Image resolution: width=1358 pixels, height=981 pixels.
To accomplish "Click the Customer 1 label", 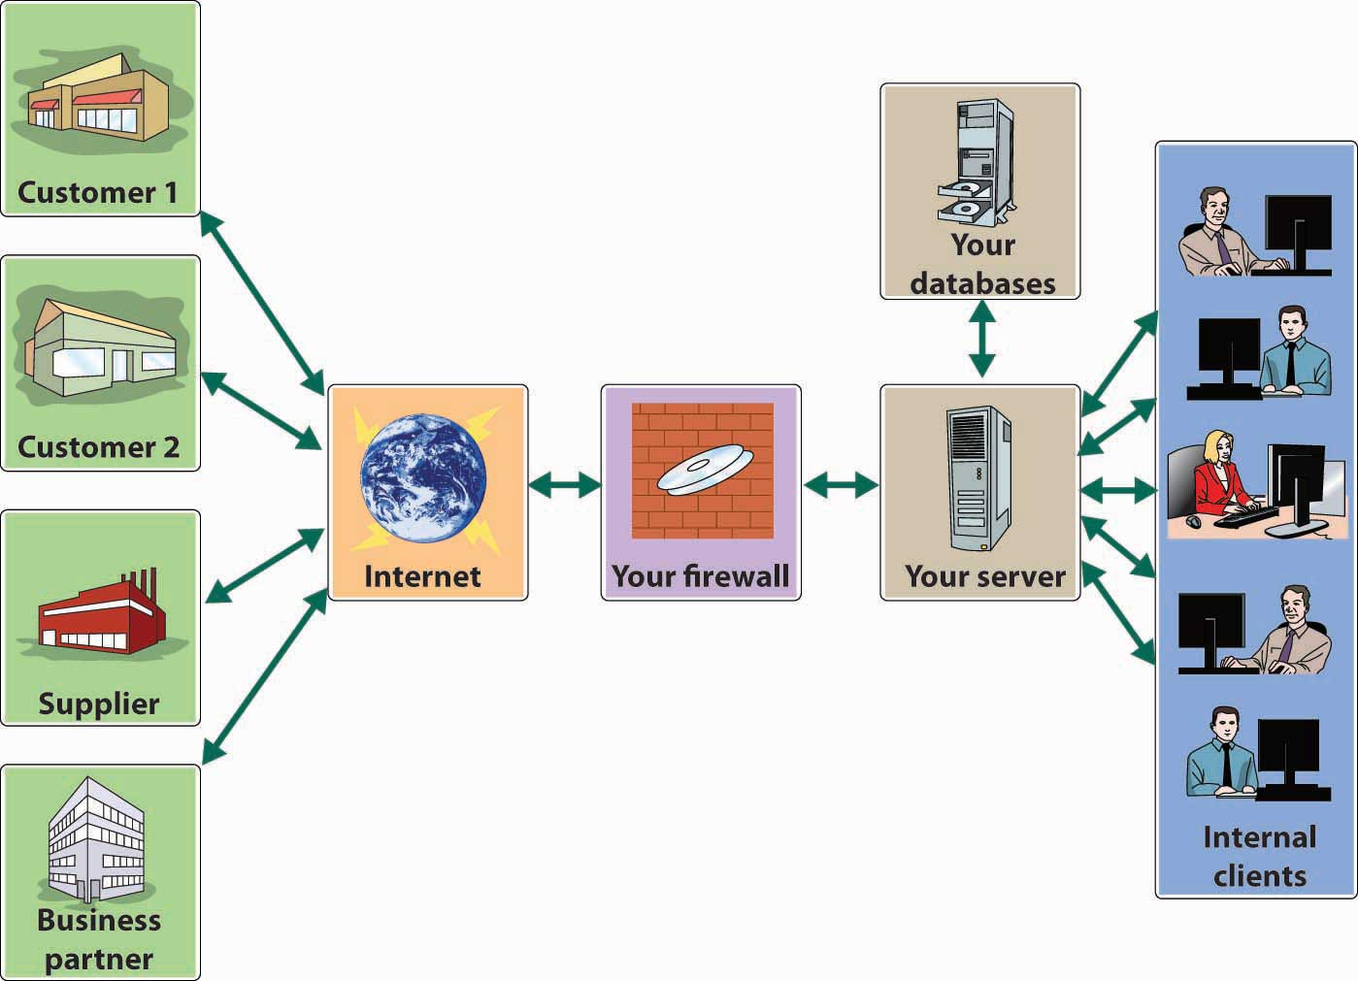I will coord(98,192).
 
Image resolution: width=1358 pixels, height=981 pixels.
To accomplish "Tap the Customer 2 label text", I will coord(98,447).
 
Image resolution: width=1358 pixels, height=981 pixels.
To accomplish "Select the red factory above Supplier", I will coord(99,614).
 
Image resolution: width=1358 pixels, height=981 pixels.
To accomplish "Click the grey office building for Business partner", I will coord(97,838).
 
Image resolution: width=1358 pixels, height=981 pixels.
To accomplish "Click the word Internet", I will coord(422,576).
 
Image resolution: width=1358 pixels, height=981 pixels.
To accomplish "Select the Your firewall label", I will coord(700,576).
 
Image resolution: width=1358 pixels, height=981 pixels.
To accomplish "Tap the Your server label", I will coord(984,576).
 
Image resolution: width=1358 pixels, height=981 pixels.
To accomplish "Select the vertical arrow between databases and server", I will coord(981,339).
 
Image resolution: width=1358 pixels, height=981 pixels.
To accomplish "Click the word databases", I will coord(982,283).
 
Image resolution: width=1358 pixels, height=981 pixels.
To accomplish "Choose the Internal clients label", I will coord(1259,856).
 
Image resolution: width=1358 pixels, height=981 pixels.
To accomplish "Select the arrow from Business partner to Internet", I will coord(264,675).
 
